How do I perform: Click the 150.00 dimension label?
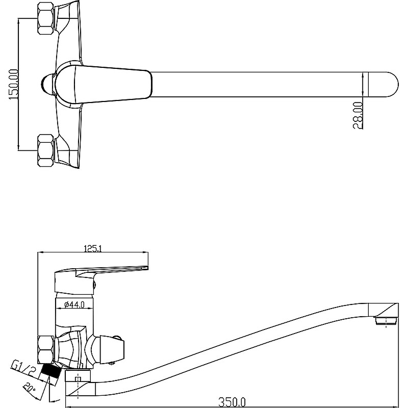pos(14,84)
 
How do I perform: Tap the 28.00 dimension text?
pos(358,115)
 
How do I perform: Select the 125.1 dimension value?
pos(93,249)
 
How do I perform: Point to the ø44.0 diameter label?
pos(74,304)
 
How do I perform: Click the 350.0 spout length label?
pos(232,402)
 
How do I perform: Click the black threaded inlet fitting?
pos(50,371)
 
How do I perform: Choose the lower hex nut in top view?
pos(46,150)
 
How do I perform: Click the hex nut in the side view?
pos(46,349)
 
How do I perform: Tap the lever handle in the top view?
pos(104,84)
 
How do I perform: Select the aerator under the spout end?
pos(386,321)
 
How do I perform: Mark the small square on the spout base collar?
pos(78,379)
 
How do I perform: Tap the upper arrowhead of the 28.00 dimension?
pos(363,75)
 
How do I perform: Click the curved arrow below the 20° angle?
pos(55,400)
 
